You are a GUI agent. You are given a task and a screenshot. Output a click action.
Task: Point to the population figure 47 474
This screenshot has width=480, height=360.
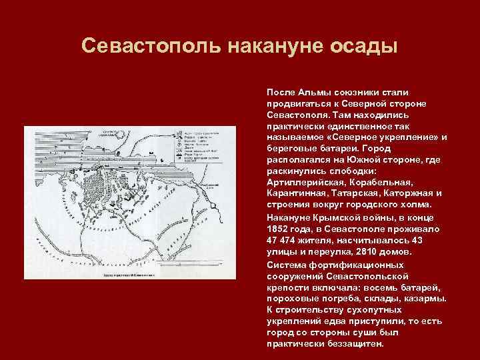pyautogui.click(x=281, y=241)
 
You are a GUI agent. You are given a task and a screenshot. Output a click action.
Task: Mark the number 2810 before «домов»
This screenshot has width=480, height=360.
pyautogui.click(x=359, y=252)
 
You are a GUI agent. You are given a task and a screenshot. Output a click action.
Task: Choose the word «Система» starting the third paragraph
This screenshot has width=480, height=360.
pyautogui.click(x=285, y=264)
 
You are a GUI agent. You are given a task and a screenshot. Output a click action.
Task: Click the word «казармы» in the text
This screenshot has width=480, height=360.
pyautogui.click(x=424, y=298)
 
